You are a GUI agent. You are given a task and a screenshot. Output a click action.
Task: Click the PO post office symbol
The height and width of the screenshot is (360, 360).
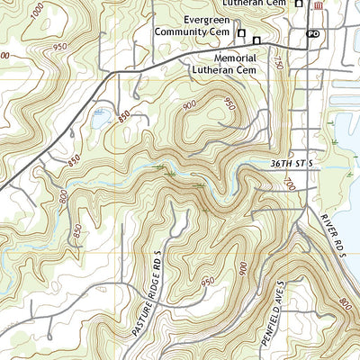pyautogui.click(x=312, y=33)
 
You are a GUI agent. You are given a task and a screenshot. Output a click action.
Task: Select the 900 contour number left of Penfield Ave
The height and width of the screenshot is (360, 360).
pyautogui.click(x=243, y=268)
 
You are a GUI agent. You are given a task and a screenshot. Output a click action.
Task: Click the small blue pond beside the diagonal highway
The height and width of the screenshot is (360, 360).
pyautogui.click(x=100, y=114)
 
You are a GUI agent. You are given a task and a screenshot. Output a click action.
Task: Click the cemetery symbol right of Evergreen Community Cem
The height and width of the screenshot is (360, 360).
pyautogui.click(x=241, y=33)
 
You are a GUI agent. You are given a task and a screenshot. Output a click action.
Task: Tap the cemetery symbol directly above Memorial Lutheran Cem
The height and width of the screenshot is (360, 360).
pyautogui.click(x=256, y=41)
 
